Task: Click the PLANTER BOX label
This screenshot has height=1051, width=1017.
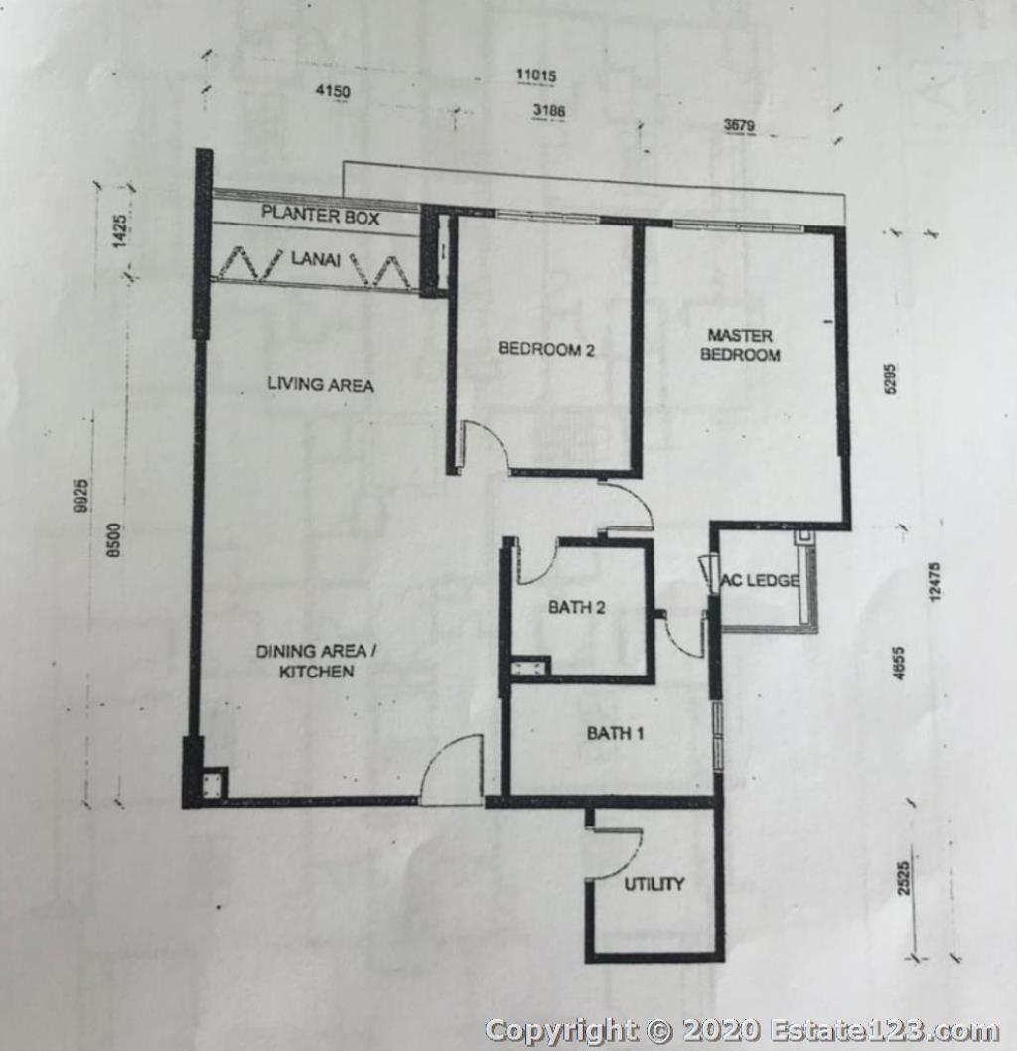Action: (320, 216)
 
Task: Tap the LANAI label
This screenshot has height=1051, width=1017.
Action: (315, 258)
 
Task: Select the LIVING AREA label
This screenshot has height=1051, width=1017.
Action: (320, 384)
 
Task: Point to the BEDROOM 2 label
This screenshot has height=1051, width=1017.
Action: (546, 349)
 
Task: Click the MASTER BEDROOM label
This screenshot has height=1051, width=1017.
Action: (740, 345)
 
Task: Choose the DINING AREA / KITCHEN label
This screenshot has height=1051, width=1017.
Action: (316, 661)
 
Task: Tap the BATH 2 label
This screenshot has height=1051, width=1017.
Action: (577, 607)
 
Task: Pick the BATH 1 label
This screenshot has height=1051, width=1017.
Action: (615, 733)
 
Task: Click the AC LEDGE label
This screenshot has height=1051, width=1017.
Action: (760, 580)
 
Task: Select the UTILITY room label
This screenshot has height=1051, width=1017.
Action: (654, 884)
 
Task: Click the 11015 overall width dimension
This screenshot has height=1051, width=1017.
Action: (536, 75)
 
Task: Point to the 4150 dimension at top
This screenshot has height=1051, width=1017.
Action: (333, 90)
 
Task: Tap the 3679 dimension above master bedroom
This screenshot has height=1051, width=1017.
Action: (739, 125)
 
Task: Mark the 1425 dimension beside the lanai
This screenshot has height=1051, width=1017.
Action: (120, 231)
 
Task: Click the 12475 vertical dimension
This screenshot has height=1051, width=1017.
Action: (936, 582)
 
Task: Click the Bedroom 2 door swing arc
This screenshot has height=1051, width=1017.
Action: (493, 436)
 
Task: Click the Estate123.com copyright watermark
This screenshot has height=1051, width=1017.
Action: (742, 1029)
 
